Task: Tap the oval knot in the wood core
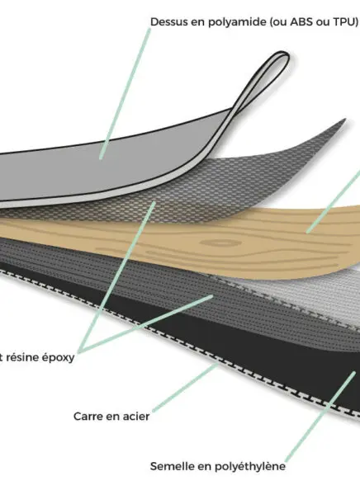pos(220,243)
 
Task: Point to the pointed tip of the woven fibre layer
pos(344,120)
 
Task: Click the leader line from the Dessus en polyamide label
pos(125,94)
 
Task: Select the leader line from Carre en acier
pos(186,388)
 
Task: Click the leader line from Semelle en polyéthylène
pos(320,417)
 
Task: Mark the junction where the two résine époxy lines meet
pos(80,351)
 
